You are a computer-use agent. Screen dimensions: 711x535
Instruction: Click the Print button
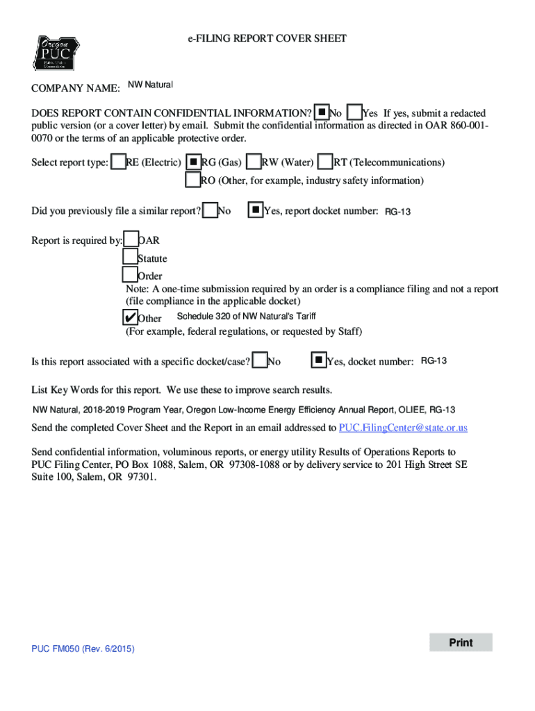click(x=461, y=642)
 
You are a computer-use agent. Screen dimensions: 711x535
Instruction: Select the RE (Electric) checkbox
click(x=119, y=162)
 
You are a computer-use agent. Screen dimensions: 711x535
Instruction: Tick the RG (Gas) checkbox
click(x=195, y=162)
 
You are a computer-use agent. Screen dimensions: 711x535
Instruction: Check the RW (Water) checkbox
click(x=254, y=162)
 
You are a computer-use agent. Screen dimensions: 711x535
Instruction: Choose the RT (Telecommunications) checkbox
click(x=325, y=162)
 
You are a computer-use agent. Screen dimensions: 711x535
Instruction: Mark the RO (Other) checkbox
click(x=193, y=180)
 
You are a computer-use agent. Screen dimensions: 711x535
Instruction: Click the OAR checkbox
click(x=131, y=240)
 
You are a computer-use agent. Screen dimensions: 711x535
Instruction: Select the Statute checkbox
click(x=131, y=258)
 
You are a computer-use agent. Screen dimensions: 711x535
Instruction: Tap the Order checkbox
click(x=131, y=276)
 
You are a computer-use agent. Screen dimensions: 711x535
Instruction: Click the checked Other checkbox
click(x=130, y=317)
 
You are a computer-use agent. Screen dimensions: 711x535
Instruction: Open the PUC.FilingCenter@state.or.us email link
click(x=403, y=428)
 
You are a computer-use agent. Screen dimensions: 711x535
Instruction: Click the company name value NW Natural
click(x=150, y=85)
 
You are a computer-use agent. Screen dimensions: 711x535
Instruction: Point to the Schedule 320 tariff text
click(x=247, y=316)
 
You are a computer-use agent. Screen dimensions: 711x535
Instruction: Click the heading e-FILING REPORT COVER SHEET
click(x=267, y=38)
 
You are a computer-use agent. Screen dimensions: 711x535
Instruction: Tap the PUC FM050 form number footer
click(x=83, y=649)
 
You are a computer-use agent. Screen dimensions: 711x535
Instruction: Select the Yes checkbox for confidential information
click(x=354, y=112)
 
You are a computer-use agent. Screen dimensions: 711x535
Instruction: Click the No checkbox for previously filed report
click(x=210, y=210)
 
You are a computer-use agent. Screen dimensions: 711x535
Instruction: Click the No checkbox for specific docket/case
click(x=261, y=360)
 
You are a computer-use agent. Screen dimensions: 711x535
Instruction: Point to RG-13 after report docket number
click(x=398, y=211)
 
